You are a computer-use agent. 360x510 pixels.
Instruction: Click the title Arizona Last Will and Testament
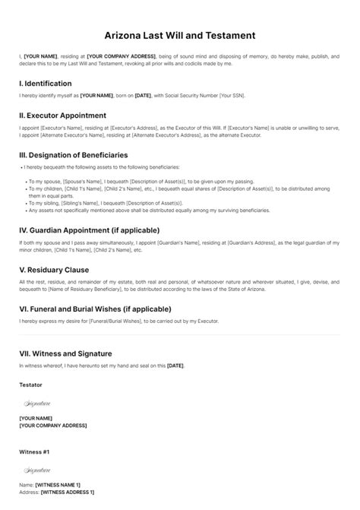(179, 35)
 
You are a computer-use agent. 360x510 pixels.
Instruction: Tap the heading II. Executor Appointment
(63, 116)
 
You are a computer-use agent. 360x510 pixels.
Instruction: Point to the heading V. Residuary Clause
(54, 269)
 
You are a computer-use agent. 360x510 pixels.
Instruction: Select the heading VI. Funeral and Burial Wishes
(95, 309)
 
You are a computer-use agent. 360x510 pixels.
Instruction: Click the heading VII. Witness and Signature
(65, 353)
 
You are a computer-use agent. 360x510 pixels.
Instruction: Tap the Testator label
(30, 385)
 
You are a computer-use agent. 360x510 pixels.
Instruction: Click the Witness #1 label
(34, 451)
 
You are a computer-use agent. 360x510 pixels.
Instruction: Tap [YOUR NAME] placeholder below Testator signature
(36, 418)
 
